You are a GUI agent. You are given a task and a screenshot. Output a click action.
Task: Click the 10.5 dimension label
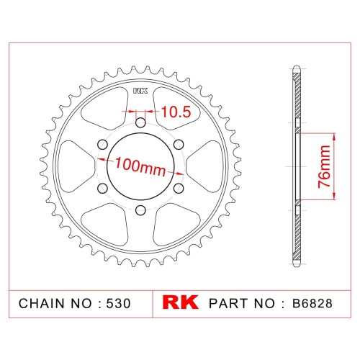tap(176, 112)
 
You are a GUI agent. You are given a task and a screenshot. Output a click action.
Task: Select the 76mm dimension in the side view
tap(324, 166)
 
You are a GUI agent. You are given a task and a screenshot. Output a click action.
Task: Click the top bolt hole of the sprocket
tap(140, 123)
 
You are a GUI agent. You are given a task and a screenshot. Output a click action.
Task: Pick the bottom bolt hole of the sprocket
tap(140, 210)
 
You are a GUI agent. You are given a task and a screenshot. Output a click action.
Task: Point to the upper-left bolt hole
tap(102, 145)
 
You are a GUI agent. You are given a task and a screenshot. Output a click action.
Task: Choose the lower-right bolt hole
tap(179, 189)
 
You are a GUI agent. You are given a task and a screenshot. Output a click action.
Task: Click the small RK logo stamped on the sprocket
tap(140, 91)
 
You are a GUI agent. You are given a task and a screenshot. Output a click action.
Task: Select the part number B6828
tap(312, 303)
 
